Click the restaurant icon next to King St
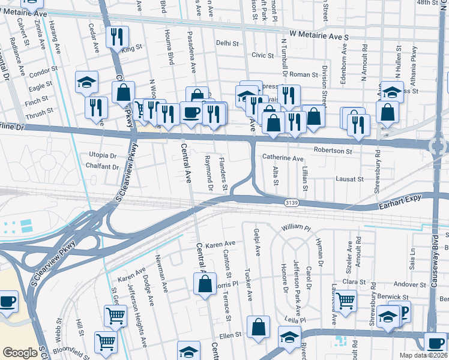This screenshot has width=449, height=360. coord(118,36)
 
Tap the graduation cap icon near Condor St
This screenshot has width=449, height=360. coord(87,82)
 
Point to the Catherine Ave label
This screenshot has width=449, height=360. coord(282,158)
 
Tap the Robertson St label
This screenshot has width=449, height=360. coord(332,151)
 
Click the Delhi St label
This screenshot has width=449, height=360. coord(228,43)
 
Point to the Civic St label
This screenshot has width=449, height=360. coord(262,55)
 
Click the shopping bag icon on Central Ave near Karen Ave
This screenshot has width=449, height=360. coord(204,283)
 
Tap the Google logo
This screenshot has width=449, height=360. coord(20,353)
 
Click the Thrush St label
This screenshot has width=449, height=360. coord(40,111)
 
